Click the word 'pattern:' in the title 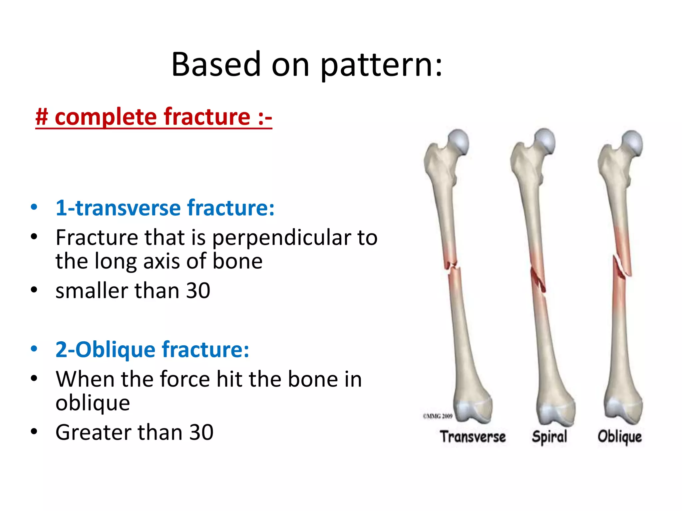pyautogui.click(x=382, y=65)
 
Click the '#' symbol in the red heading pyautogui.click(x=42, y=117)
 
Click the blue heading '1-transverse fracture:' pyautogui.click(x=165, y=208)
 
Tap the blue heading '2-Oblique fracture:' pyautogui.click(x=152, y=350)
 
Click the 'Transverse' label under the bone pyautogui.click(x=473, y=437)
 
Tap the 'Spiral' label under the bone pyautogui.click(x=549, y=437)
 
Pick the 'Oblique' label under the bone pyautogui.click(x=619, y=437)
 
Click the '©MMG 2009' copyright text pyautogui.click(x=438, y=416)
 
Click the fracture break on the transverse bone pyautogui.click(x=453, y=266)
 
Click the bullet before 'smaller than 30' pyautogui.click(x=34, y=290)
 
